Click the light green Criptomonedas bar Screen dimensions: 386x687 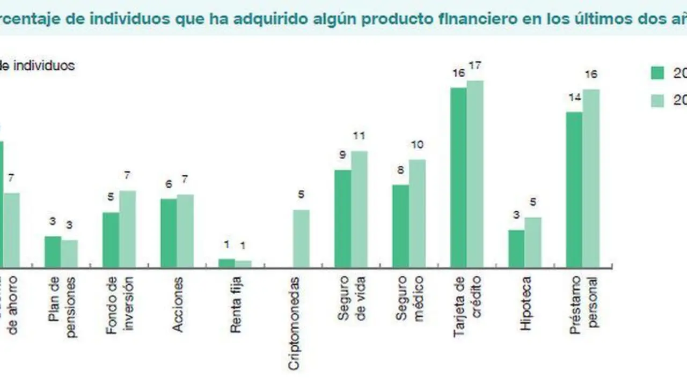click(301, 239)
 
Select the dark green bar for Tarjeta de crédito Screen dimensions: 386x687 click(458, 177)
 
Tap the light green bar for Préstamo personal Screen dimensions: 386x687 click(591, 179)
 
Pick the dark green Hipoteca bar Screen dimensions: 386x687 click(516, 249)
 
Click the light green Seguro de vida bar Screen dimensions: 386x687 click(360, 209)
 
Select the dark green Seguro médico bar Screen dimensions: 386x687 click(400, 226)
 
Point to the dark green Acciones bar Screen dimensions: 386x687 click(169, 233)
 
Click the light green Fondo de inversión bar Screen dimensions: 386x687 click(128, 229)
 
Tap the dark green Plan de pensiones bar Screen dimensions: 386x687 click(53, 251)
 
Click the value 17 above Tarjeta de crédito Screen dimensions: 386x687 click(474, 66)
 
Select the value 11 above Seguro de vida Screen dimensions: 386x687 click(359, 136)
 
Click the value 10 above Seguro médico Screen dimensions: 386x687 click(417, 145)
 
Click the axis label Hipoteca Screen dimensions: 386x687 click(526, 303)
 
